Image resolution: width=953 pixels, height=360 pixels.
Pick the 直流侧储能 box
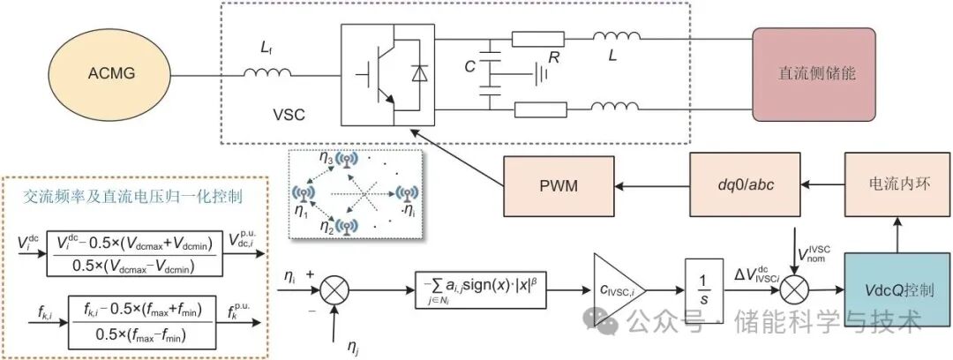click(x=818, y=73)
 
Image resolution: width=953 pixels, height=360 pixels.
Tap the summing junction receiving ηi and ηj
click(x=334, y=289)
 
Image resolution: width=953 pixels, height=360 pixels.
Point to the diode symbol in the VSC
click(x=417, y=74)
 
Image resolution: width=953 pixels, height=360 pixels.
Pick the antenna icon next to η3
click(x=349, y=160)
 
